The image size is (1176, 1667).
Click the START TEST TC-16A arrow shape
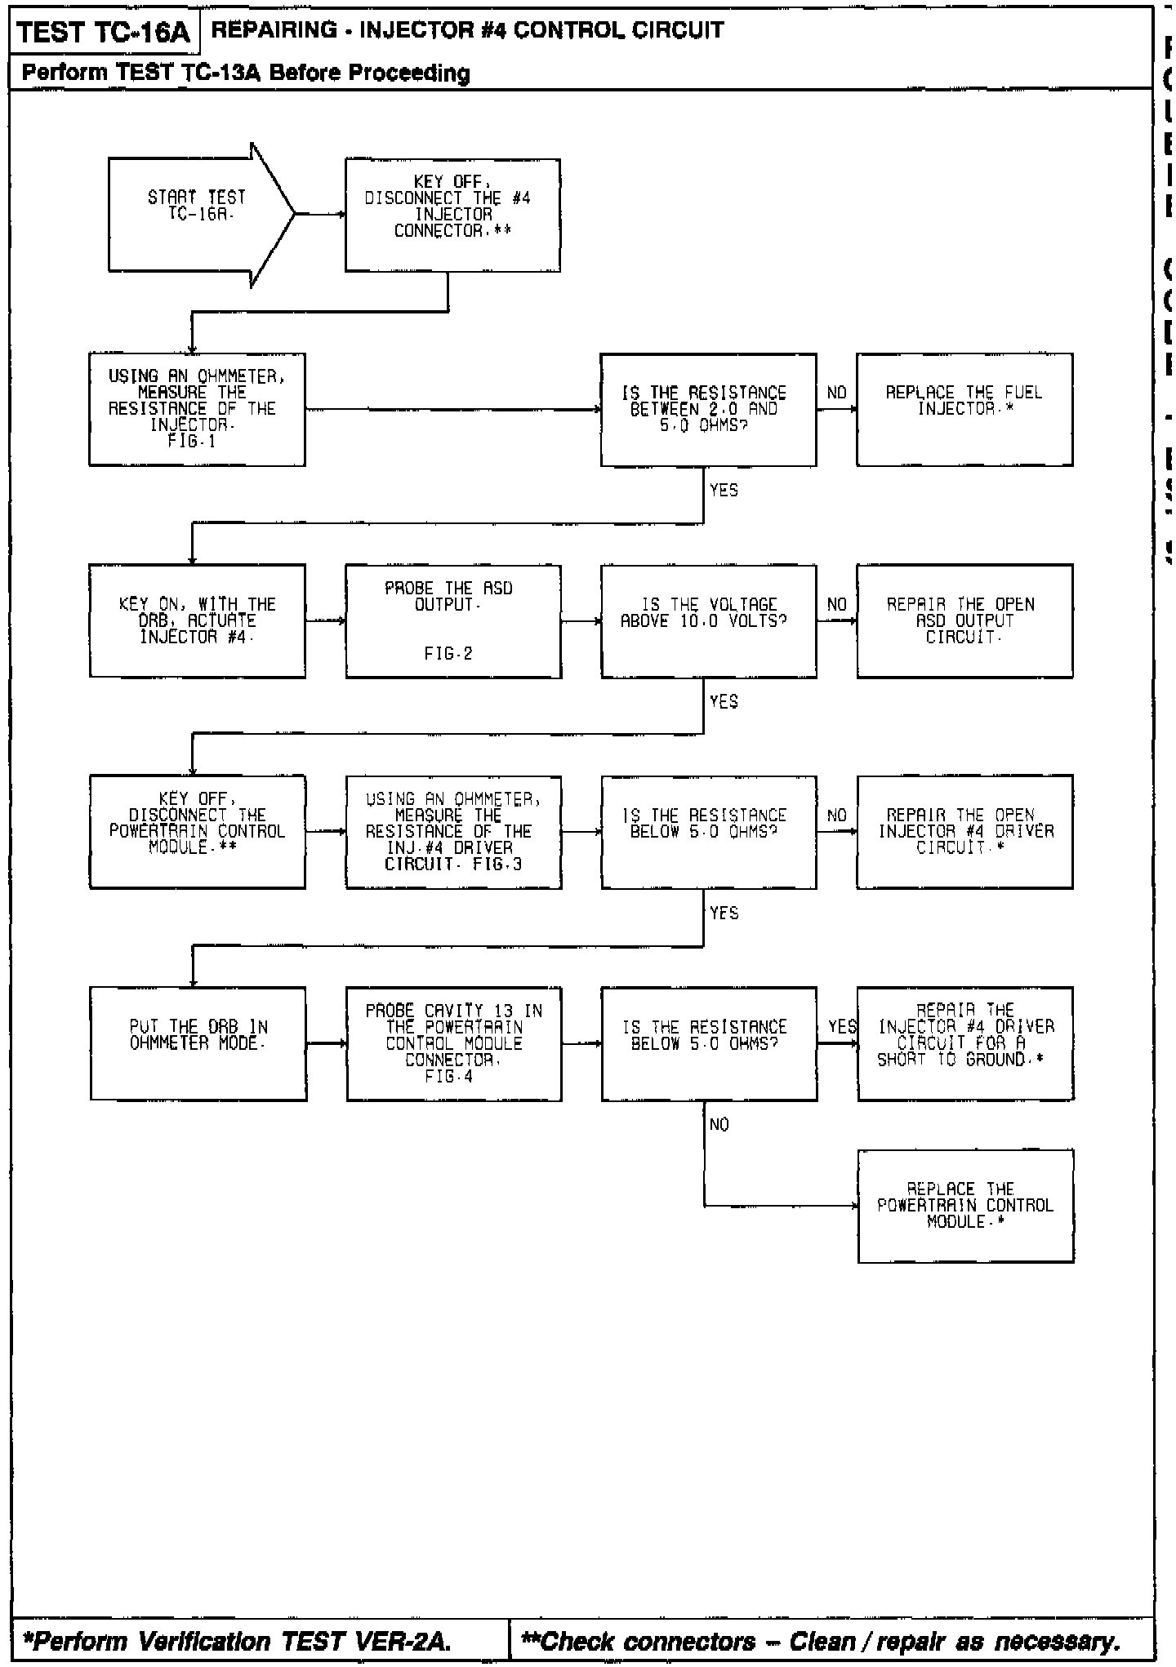tap(196, 215)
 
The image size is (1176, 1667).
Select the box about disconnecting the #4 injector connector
tap(452, 215)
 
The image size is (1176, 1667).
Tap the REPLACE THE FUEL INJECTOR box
tap(964, 409)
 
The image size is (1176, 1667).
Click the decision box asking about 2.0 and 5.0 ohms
tap(708, 409)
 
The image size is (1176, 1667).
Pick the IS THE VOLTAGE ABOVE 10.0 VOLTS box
tap(708, 620)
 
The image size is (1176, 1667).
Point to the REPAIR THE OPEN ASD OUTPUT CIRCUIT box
tap(964, 620)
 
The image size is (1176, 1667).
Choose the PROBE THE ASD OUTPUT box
tap(452, 620)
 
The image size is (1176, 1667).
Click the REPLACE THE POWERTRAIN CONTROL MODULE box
tap(965, 1206)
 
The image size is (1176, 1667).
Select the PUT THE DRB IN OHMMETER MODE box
tap(198, 1043)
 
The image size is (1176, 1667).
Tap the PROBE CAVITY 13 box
tap(453, 1043)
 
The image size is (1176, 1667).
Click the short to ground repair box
tap(965, 1043)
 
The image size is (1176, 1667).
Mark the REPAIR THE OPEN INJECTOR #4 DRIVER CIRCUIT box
tap(964, 831)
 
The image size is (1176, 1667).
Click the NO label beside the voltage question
tap(836, 605)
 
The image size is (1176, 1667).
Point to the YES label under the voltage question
tap(724, 702)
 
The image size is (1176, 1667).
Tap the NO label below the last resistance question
tap(719, 1125)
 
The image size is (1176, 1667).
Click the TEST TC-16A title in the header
tap(103, 33)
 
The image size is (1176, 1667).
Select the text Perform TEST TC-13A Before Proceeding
tap(246, 73)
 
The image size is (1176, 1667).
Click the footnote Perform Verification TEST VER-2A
tap(238, 1641)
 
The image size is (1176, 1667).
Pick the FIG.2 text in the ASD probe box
tap(448, 654)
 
